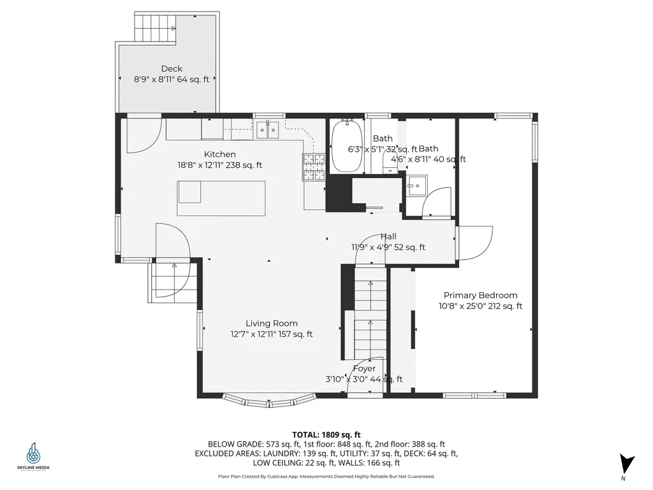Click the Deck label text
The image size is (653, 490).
click(x=172, y=69)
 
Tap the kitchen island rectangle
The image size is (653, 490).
click(x=221, y=198)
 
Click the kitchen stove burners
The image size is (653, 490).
click(x=314, y=167)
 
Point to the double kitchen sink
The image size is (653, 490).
click(x=268, y=131)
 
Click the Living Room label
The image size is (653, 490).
click(x=272, y=323)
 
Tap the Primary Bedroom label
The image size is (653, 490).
click(x=480, y=295)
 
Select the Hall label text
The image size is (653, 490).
click(x=388, y=237)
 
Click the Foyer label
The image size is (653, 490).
click(x=364, y=369)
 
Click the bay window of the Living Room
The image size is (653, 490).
click(x=268, y=401)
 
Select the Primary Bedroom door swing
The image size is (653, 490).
click(x=474, y=242)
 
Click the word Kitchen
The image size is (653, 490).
click(x=220, y=154)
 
